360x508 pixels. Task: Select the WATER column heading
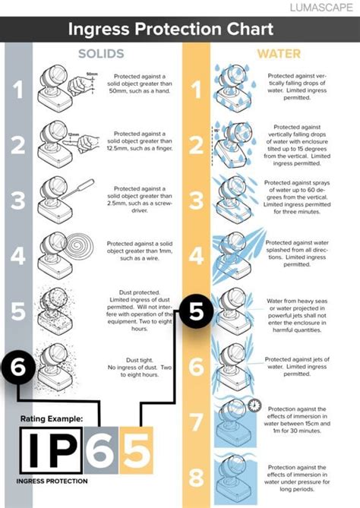point(278,55)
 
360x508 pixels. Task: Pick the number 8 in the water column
point(195,478)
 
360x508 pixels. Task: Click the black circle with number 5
point(195,311)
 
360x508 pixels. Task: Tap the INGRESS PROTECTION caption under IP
point(52,481)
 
